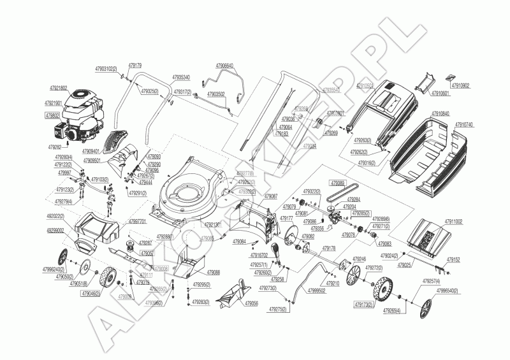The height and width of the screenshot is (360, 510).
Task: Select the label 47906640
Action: point(224,66)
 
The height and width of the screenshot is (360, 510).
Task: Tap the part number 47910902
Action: point(460,85)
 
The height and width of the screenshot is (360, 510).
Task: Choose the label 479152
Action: point(453,260)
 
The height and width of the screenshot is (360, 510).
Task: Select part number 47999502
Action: point(316,291)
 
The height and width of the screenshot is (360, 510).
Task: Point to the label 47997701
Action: point(137,221)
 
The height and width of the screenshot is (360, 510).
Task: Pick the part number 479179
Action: point(135,65)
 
